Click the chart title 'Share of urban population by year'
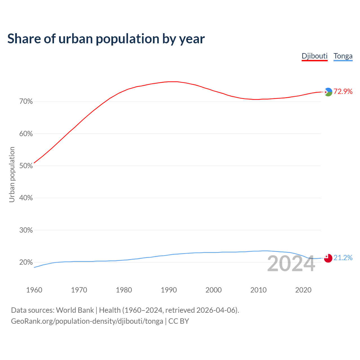pos(106,39)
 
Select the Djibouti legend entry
pos(314,56)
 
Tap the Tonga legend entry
pos(343,56)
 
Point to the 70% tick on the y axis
pos(26,102)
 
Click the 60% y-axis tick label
pos(26,134)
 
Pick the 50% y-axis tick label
pos(26,166)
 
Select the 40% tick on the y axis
pos(26,198)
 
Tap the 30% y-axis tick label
pos(26,230)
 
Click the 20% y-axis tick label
pos(26,262)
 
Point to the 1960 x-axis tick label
pos(34,290)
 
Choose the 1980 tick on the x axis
pos(124,290)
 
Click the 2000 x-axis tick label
pos(213,290)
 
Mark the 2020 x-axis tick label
pos(303,290)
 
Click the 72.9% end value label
pos(343,91)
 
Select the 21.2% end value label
pos(343,258)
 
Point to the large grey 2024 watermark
pos(291,264)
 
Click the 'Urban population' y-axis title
pos(12,174)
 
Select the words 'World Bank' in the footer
pos(75,310)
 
